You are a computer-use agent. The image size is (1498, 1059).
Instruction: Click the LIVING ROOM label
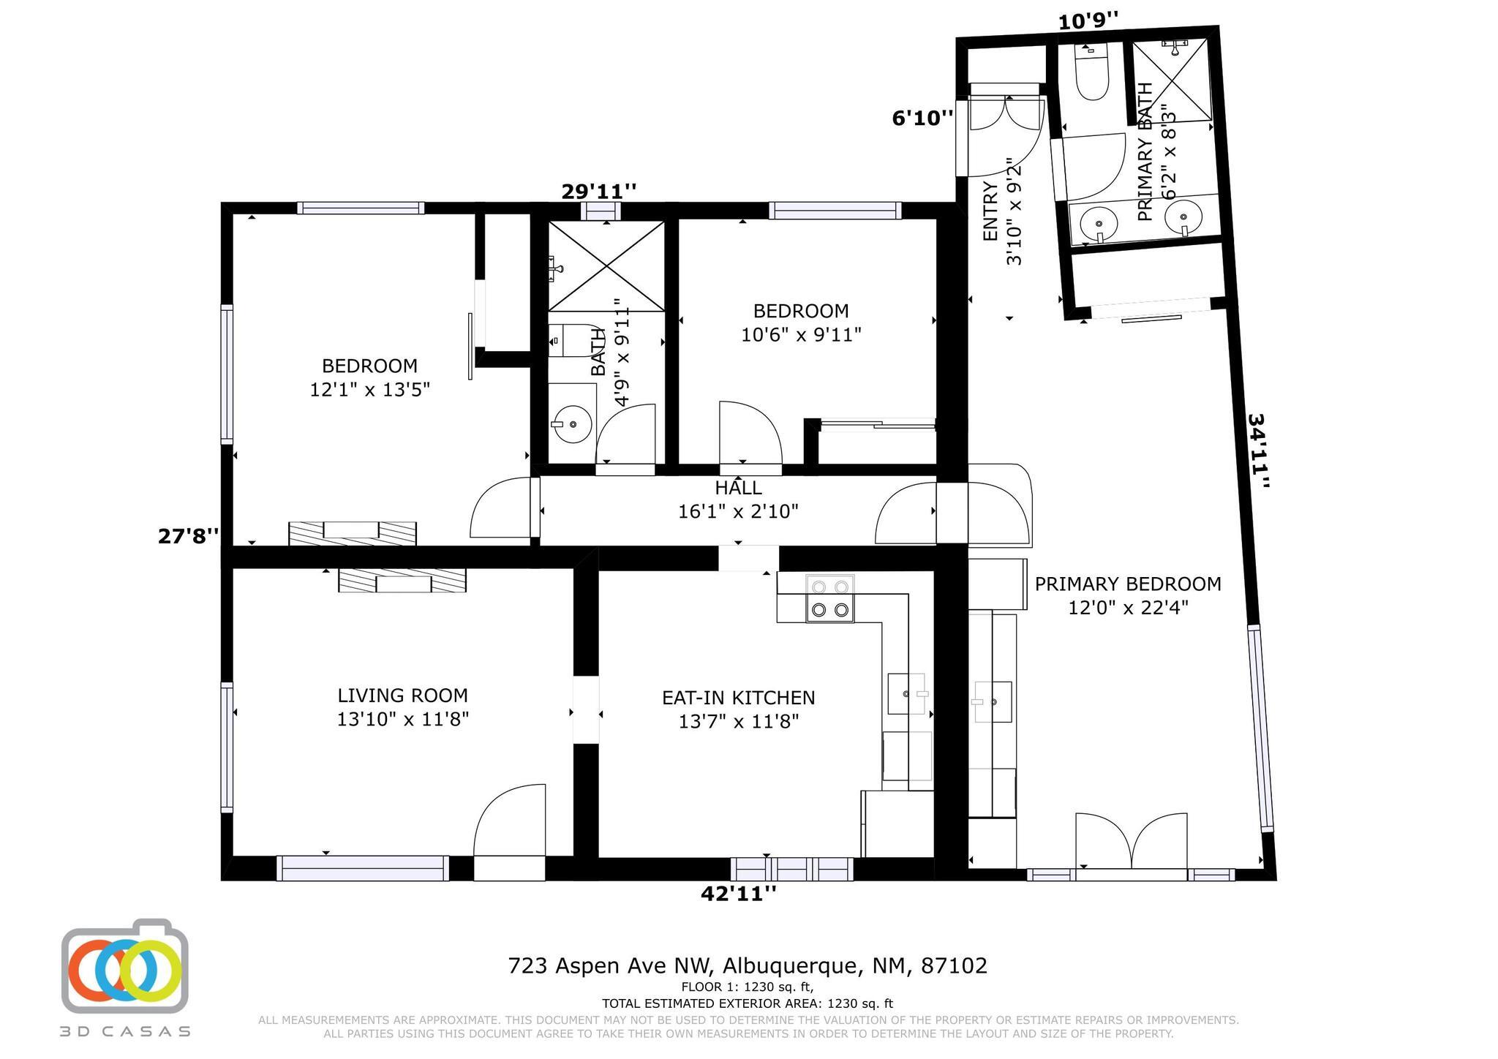pyautogui.click(x=402, y=696)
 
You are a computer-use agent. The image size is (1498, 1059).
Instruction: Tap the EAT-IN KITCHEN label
pyautogui.click(x=738, y=698)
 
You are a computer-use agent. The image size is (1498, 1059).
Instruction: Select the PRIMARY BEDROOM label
pyautogui.click(x=1128, y=584)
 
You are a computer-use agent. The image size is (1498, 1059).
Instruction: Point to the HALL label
pyautogui.click(x=738, y=488)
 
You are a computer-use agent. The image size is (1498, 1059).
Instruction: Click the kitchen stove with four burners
pyautogui.click(x=830, y=598)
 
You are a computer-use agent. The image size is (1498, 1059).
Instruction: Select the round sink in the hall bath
pyautogui.click(x=572, y=423)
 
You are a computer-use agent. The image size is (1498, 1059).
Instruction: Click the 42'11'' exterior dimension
pyautogui.click(x=739, y=893)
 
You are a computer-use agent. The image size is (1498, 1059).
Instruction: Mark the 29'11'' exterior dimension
pyautogui.click(x=598, y=192)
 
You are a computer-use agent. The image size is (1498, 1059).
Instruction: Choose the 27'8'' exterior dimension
pyautogui.click(x=189, y=536)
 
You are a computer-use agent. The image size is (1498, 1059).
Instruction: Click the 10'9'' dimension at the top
pyautogui.click(x=1088, y=21)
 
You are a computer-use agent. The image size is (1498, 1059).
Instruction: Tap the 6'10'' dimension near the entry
pyautogui.click(x=922, y=118)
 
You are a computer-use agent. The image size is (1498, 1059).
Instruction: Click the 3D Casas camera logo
pyautogui.click(x=124, y=965)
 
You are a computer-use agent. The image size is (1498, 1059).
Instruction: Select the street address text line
pyautogui.click(x=748, y=965)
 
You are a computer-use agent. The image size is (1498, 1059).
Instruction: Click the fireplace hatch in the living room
pyautogui.click(x=402, y=580)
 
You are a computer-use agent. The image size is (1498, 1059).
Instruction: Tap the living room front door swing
pyautogui.click(x=510, y=819)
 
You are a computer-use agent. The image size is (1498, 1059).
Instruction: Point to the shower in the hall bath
pyautogui.click(x=606, y=265)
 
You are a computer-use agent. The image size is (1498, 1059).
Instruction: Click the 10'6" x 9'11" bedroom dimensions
pyautogui.click(x=801, y=334)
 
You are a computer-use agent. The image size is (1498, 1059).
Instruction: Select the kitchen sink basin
pyautogui.click(x=906, y=693)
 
